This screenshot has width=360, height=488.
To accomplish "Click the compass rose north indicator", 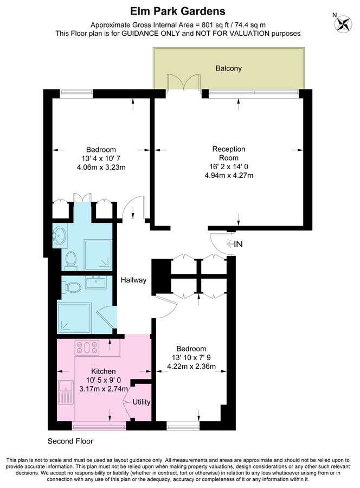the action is coord(343,23).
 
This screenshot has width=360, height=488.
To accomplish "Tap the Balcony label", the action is coord(229,68).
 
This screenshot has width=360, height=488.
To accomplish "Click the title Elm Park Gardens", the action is coord(178,11).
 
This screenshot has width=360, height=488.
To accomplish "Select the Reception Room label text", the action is coord(229,153).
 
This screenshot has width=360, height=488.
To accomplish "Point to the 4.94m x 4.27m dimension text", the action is coord(229,175).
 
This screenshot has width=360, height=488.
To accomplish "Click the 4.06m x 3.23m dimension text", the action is coord(101,167).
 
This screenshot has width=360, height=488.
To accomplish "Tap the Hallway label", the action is coord(133,280).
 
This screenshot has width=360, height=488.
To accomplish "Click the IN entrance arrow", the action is coord(235,244).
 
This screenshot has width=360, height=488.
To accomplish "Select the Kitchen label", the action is coord(104,371).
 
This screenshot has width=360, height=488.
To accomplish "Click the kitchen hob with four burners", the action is coord(87,348).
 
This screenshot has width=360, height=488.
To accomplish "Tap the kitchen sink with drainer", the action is coord(66,392).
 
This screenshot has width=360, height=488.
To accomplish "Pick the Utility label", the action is coord(142,402).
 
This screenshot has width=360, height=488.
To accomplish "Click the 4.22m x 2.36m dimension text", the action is coord(191,367).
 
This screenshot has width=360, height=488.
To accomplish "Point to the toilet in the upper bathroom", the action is coord(71,260).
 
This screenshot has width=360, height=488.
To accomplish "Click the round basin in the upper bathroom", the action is coord(59,235).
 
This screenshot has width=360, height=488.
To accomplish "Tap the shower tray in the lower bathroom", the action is coord(74,317).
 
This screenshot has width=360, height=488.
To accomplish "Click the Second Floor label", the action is coord(70,441).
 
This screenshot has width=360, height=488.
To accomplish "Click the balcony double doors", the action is coord(183,82).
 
